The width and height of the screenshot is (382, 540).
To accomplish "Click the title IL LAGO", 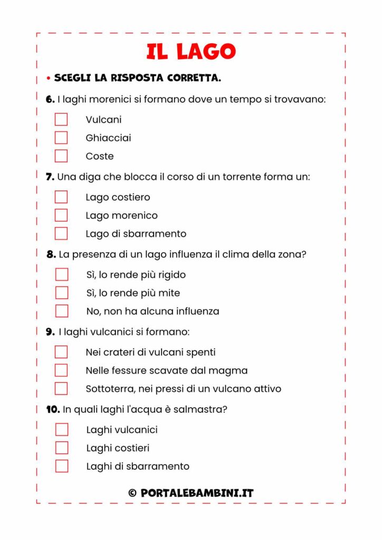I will tap(191, 52).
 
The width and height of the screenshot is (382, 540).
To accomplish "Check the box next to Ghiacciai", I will tap(61, 138).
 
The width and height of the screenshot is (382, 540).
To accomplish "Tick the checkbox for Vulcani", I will tap(61, 119).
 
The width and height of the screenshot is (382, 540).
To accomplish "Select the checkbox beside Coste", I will tap(61, 156).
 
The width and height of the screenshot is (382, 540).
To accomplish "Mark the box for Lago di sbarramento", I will tap(61, 234).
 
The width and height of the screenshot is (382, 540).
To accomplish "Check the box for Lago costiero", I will tap(61, 197).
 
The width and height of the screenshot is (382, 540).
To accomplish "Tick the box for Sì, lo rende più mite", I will tap(62, 293).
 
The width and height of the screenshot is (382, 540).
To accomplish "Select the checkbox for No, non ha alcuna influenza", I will tap(62, 311).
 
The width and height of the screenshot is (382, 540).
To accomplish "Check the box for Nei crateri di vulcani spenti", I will tap(61, 352).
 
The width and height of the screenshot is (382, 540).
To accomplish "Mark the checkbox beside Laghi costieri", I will tap(62, 448).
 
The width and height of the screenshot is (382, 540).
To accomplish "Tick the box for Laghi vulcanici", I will tap(62, 430).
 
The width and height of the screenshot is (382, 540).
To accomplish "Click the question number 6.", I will tap(50, 99).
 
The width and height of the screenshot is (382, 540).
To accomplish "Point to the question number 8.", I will tap(51, 254).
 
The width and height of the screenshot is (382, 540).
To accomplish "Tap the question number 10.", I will tap(52, 409).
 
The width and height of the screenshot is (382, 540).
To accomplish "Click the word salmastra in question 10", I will tap(198, 409).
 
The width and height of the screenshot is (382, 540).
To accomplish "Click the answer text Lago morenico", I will tap(121, 215).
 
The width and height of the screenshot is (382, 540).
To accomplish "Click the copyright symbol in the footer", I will tap(132, 493).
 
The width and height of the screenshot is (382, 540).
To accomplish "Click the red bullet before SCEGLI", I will tap(48, 79).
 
